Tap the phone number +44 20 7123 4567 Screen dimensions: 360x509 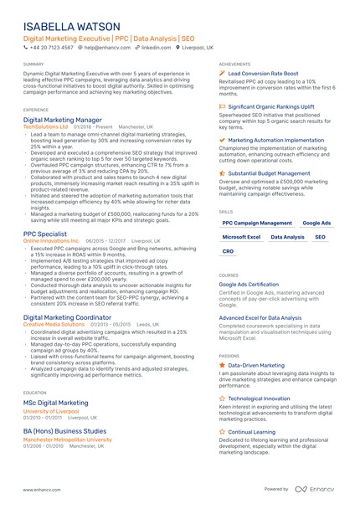(51, 48)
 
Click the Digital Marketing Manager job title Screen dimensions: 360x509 (63, 120)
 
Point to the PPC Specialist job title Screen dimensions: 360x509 (45, 234)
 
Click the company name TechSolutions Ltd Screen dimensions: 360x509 (46, 126)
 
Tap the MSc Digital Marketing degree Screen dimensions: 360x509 (56, 403)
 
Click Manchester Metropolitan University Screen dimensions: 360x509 (67, 439)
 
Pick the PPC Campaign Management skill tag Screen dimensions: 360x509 (257, 224)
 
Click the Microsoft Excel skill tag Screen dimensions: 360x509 (241, 237)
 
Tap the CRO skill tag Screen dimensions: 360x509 (228, 250)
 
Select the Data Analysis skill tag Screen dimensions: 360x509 (288, 237)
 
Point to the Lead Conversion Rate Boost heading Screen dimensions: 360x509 (263, 74)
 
